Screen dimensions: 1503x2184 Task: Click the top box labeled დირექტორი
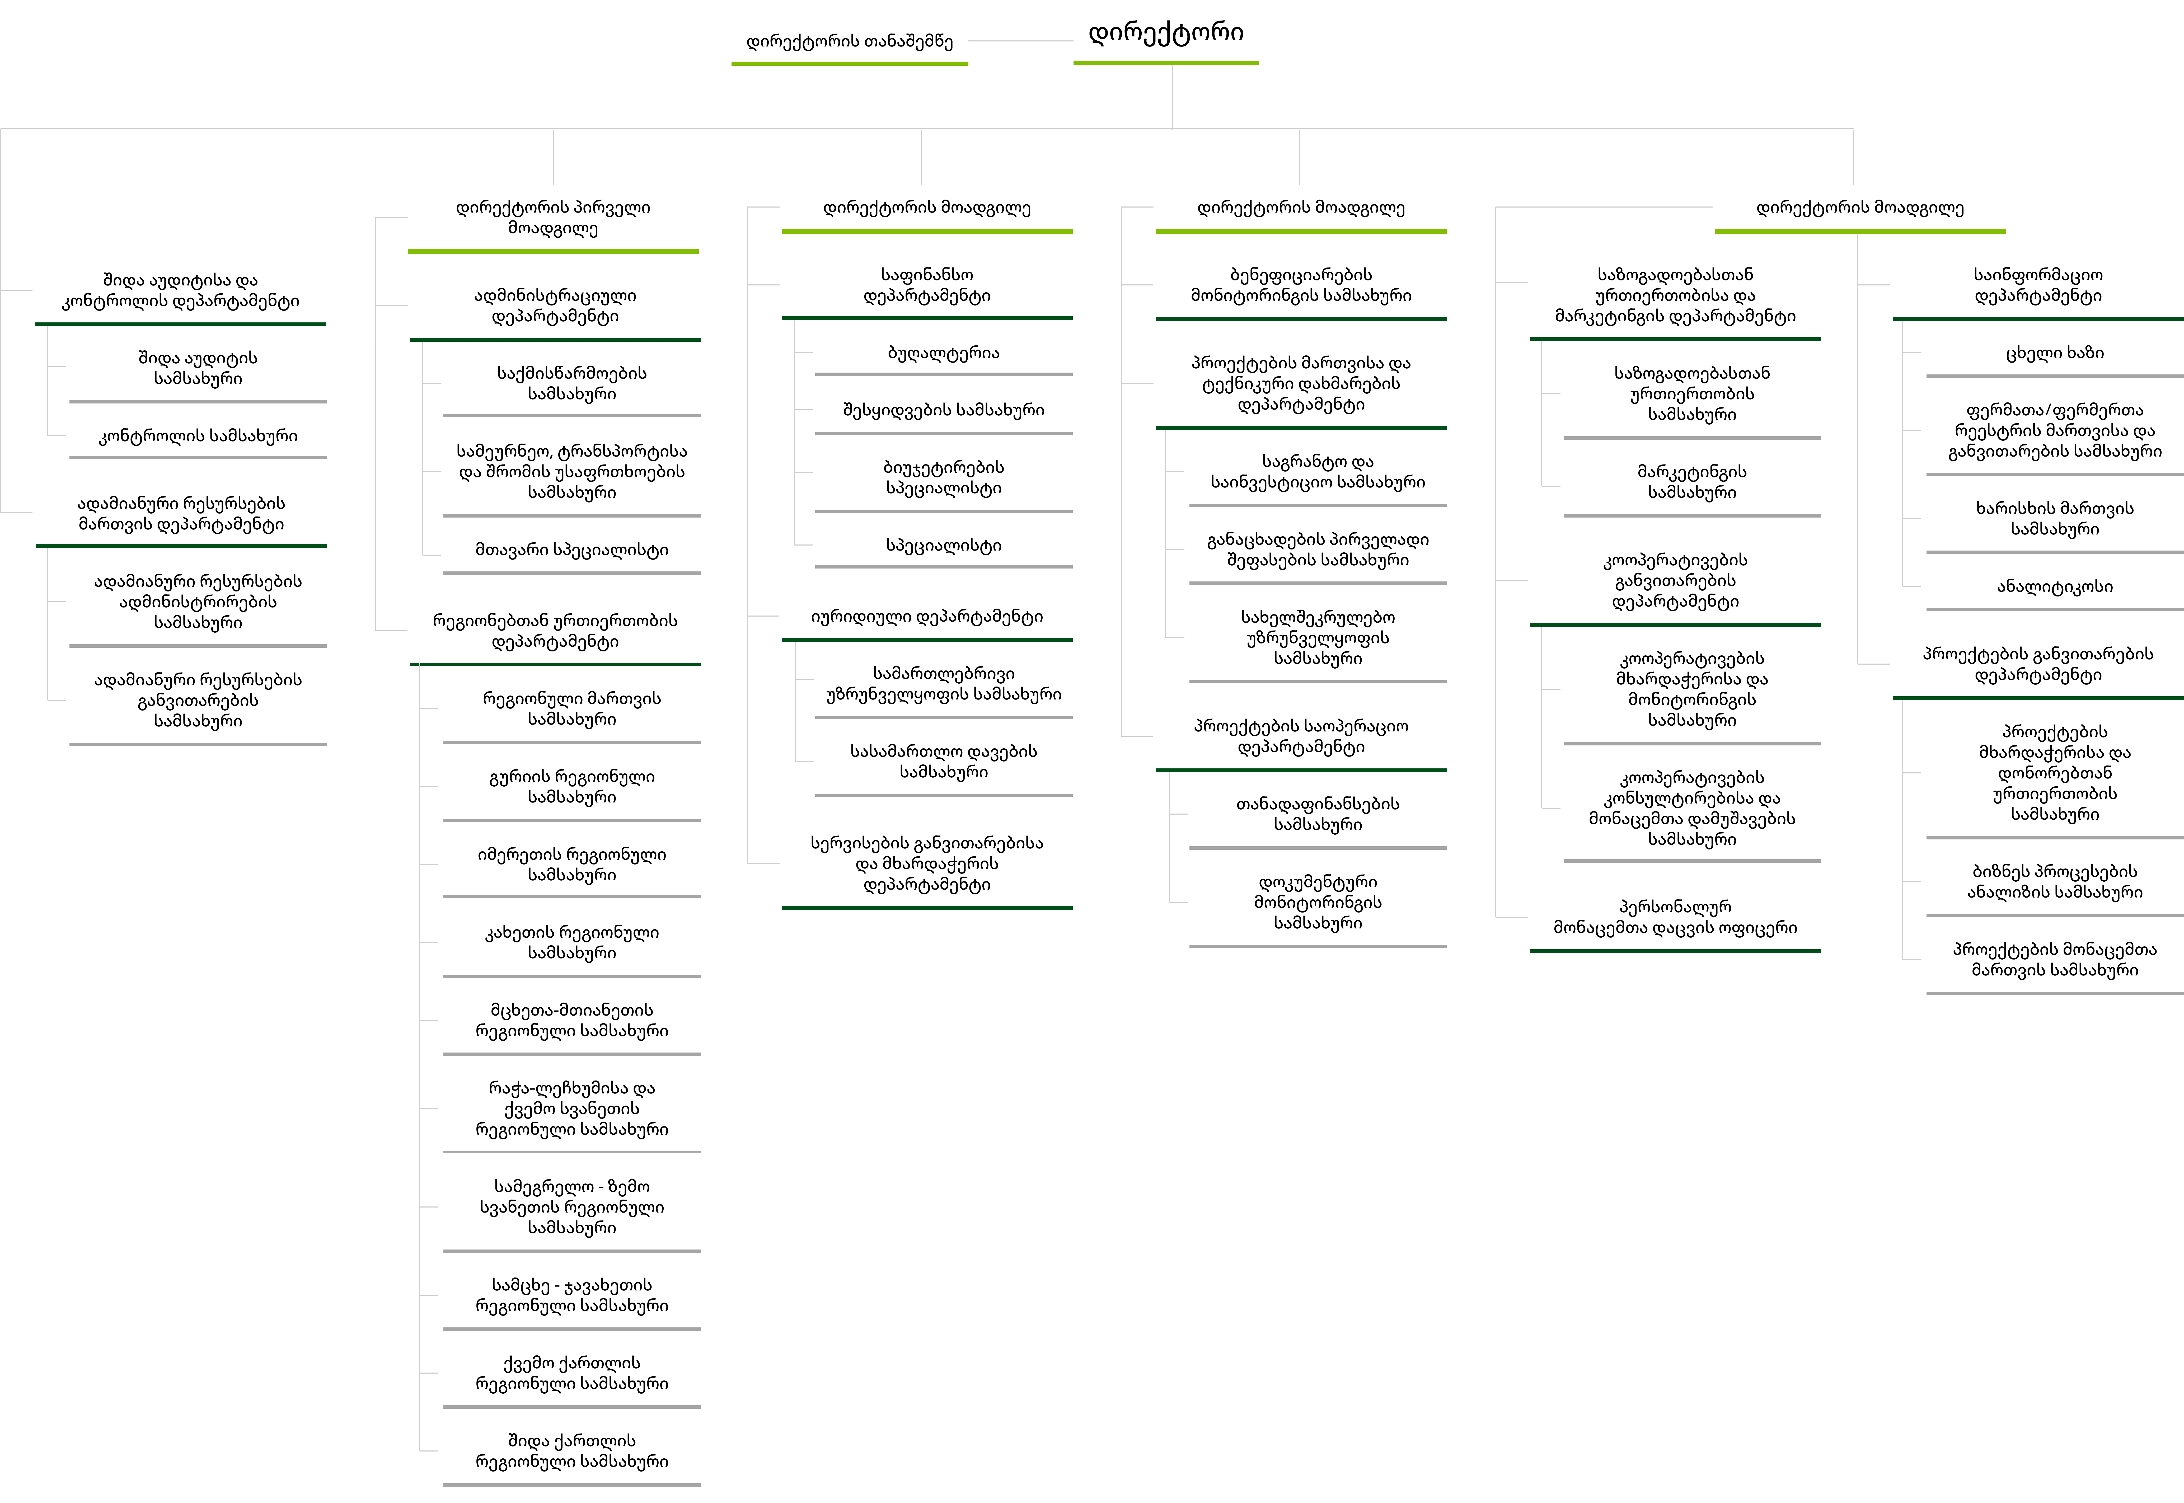click(x=1165, y=33)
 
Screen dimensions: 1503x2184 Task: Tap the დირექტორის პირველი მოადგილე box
click(x=553, y=218)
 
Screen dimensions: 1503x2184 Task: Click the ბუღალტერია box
click(x=943, y=353)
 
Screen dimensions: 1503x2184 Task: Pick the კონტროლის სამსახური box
click(x=198, y=436)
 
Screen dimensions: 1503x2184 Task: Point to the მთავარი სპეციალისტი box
click(x=572, y=550)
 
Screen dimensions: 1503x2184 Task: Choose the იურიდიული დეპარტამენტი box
click(x=927, y=617)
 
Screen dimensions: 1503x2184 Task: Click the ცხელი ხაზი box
click(x=2054, y=353)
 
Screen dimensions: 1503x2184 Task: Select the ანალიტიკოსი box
click(x=2054, y=587)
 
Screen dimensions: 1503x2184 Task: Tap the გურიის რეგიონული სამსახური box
click(x=572, y=786)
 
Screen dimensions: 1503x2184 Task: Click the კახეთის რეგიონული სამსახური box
click(x=572, y=943)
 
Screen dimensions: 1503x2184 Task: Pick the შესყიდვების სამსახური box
click(x=943, y=410)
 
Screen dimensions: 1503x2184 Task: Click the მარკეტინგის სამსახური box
click(x=1691, y=482)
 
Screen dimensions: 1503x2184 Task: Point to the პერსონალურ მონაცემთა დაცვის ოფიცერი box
click(x=1675, y=917)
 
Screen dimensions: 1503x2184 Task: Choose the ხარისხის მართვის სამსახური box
click(x=2054, y=518)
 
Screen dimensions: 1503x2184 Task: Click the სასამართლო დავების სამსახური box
click(x=943, y=761)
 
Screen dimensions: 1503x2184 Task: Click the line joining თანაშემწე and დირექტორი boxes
click(x=1021, y=40)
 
